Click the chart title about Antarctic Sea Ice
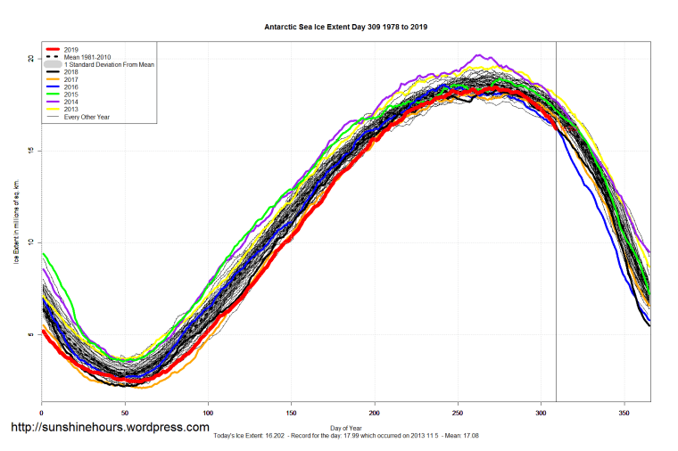345,27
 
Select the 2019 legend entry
72,49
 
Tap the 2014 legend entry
72,102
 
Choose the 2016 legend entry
72,86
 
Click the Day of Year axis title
345,429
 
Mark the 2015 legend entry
72,94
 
